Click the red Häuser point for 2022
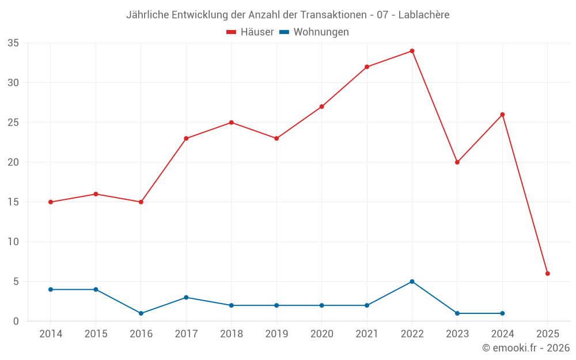(x=412, y=51)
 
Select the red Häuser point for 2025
(x=547, y=274)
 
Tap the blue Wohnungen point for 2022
(x=412, y=282)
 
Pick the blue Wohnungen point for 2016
(x=141, y=313)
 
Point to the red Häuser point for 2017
(x=186, y=138)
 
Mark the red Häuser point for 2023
(x=457, y=162)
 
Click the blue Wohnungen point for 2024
(x=502, y=313)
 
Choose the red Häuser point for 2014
(x=51, y=202)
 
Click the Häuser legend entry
(x=250, y=32)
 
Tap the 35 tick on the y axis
(x=13, y=43)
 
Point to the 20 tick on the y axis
(x=13, y=162)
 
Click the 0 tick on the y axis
(x=16, y=321)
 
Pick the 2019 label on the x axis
(x=276, y=334)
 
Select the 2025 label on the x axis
(x=547, y=334)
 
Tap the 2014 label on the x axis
(x=51, y=334)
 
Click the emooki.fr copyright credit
(x=525, y=348)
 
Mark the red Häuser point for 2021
(x=366, y=67)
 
